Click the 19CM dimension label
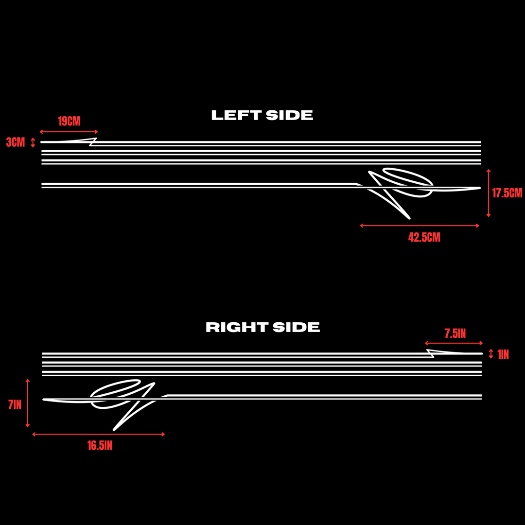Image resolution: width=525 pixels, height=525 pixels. point(70,121)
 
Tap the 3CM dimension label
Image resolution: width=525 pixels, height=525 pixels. point(16,142)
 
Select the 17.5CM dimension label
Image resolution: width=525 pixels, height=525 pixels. point(507,193)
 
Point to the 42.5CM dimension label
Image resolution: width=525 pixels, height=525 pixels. point(424,237)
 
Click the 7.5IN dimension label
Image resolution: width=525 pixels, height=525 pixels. point(455,333)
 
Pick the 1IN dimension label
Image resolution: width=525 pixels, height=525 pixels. point(503,354)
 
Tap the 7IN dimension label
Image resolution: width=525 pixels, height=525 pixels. point(15,405)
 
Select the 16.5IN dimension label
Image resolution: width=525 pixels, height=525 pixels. point(100,446)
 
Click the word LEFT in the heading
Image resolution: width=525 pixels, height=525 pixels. point(236,116)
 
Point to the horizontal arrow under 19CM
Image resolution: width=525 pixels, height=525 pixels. point(69,132)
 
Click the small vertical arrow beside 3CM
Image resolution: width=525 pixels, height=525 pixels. point(33,142)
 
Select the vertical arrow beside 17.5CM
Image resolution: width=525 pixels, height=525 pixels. point(489,193)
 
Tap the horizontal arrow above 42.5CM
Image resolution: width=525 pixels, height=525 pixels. point(420,226)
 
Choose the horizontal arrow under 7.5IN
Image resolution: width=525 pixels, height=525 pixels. point(454,343)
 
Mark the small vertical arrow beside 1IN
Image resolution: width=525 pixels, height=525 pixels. point(491,354)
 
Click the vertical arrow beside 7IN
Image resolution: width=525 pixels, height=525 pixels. point(27,403)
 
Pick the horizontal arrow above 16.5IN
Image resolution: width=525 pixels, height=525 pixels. point(98,434)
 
